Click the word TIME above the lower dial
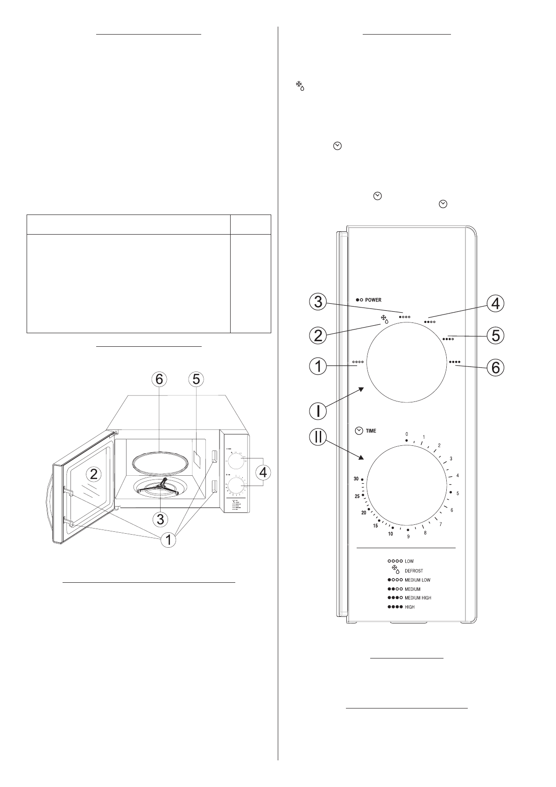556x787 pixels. coord(371,431)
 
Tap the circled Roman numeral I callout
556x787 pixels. coord(318,411)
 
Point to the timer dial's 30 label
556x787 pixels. coord(356,479)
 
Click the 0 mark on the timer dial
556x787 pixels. coord(407,434)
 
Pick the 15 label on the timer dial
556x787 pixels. coord(375,526)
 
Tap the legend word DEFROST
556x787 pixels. coord(414,571)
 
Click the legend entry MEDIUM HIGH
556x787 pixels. coord(418,598)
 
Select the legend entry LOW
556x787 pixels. coord(409,561)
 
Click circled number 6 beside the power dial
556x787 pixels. coord(495,368)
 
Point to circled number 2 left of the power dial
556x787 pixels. coord(318,336)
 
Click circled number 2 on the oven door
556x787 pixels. coord(94,474)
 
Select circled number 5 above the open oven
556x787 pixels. coord(196,379)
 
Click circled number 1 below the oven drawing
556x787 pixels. coord(169,540)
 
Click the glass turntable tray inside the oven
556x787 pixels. coord(159,461)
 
